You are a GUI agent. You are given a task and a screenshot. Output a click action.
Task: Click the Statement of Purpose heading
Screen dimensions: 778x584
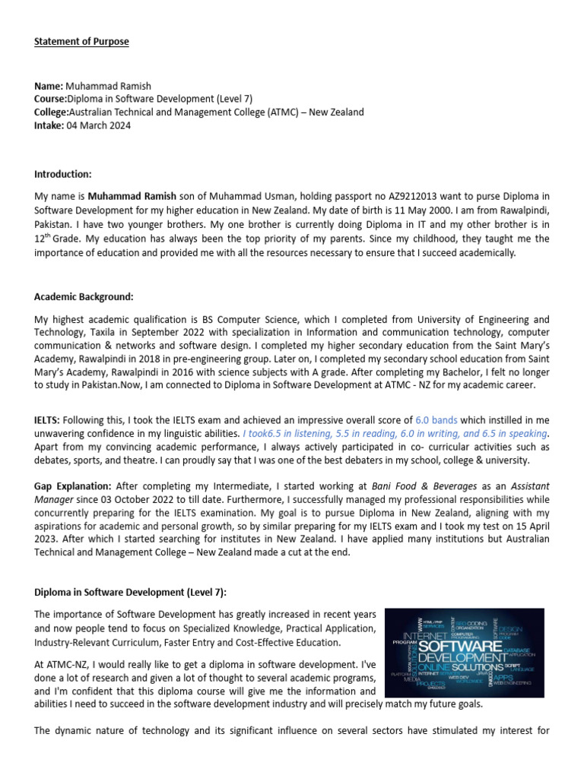(81, 41)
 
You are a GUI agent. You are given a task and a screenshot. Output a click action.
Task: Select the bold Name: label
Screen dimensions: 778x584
(48, 86)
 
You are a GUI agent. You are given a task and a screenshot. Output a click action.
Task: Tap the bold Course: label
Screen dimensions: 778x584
(50, 99)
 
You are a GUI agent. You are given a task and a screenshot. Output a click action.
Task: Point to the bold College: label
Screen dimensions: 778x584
(52, 112)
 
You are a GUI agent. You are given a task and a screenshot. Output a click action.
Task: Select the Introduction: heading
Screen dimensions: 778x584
(62, 175)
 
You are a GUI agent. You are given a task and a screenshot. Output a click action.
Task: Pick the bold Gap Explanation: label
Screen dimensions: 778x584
(72, 485)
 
